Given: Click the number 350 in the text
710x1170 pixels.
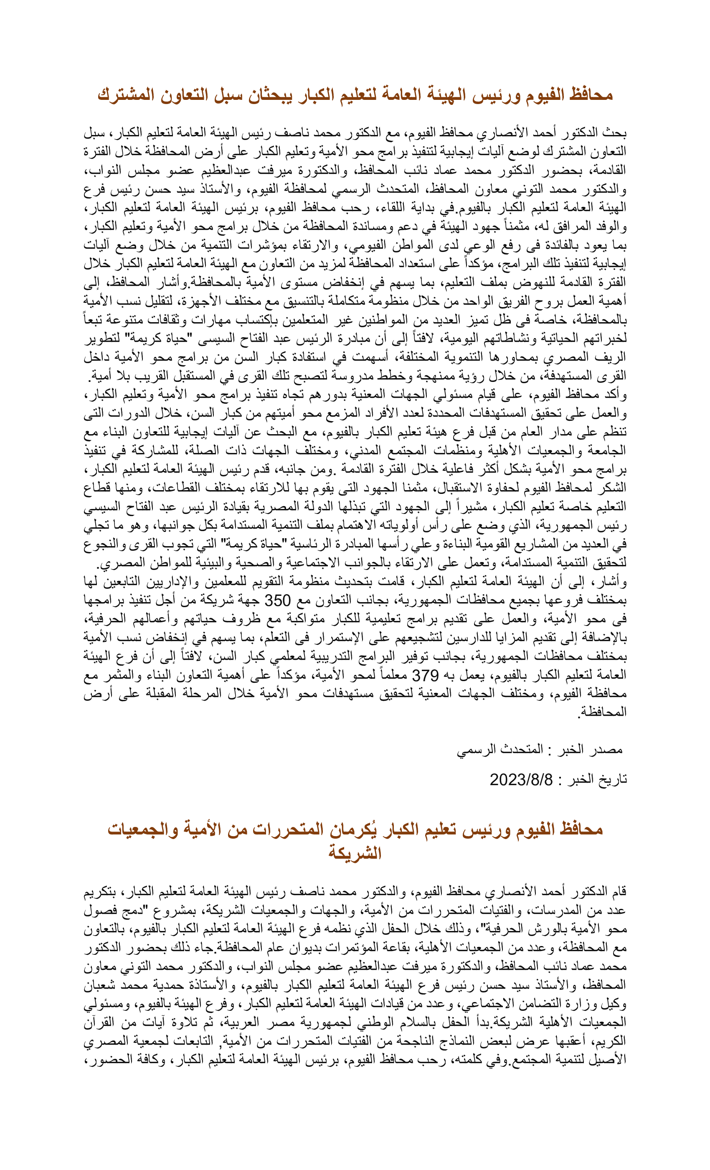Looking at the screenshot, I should [277, 600].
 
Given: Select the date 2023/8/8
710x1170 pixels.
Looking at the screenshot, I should [521, 779].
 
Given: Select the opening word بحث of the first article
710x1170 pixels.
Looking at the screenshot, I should [616, 132].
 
